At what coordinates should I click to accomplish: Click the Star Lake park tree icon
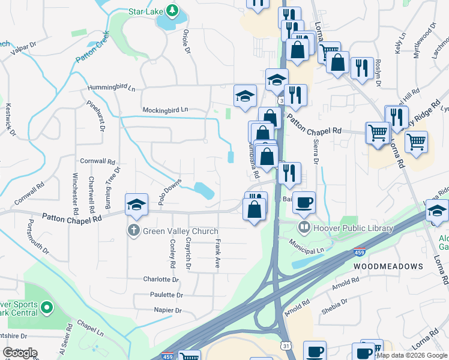pos(172,10)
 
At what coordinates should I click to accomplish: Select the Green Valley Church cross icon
pos(133,230)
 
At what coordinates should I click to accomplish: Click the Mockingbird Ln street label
pos(165,110)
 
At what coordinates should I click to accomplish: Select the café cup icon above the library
pos(304,202)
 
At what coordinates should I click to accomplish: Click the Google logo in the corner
pos(20,353)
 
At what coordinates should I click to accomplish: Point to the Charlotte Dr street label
pos(161,279)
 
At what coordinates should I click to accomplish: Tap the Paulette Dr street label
pos(163,295)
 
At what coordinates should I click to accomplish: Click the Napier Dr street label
pos(167,310)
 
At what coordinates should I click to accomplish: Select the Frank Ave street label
pos(217,254)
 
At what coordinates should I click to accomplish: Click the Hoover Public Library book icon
pos(304,227)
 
